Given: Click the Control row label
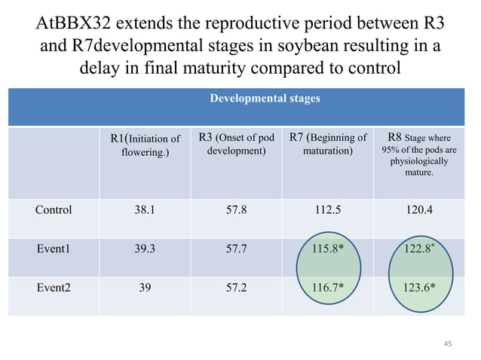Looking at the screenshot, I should pos(54,210).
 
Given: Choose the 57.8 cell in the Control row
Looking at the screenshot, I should pos(235,210).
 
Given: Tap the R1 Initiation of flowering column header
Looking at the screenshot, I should pos(145,145).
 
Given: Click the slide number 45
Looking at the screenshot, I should pos(449,344).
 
